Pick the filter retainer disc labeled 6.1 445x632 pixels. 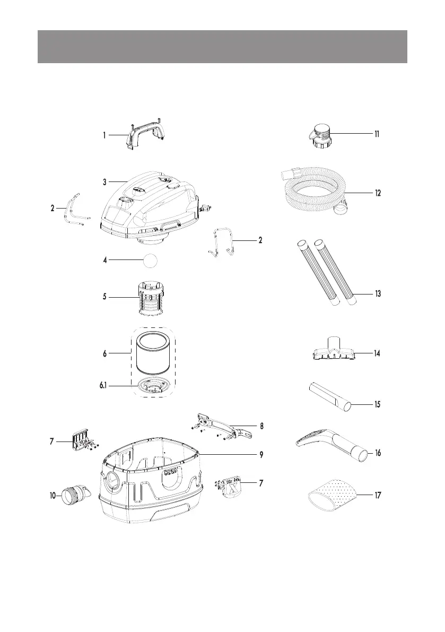tap(154, 387)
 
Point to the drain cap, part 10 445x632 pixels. tap(73, 498)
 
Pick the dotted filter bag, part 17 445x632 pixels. tap(333, 495)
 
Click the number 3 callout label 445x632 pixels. tap(105, 181)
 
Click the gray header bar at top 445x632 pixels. tap(222, 47)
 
